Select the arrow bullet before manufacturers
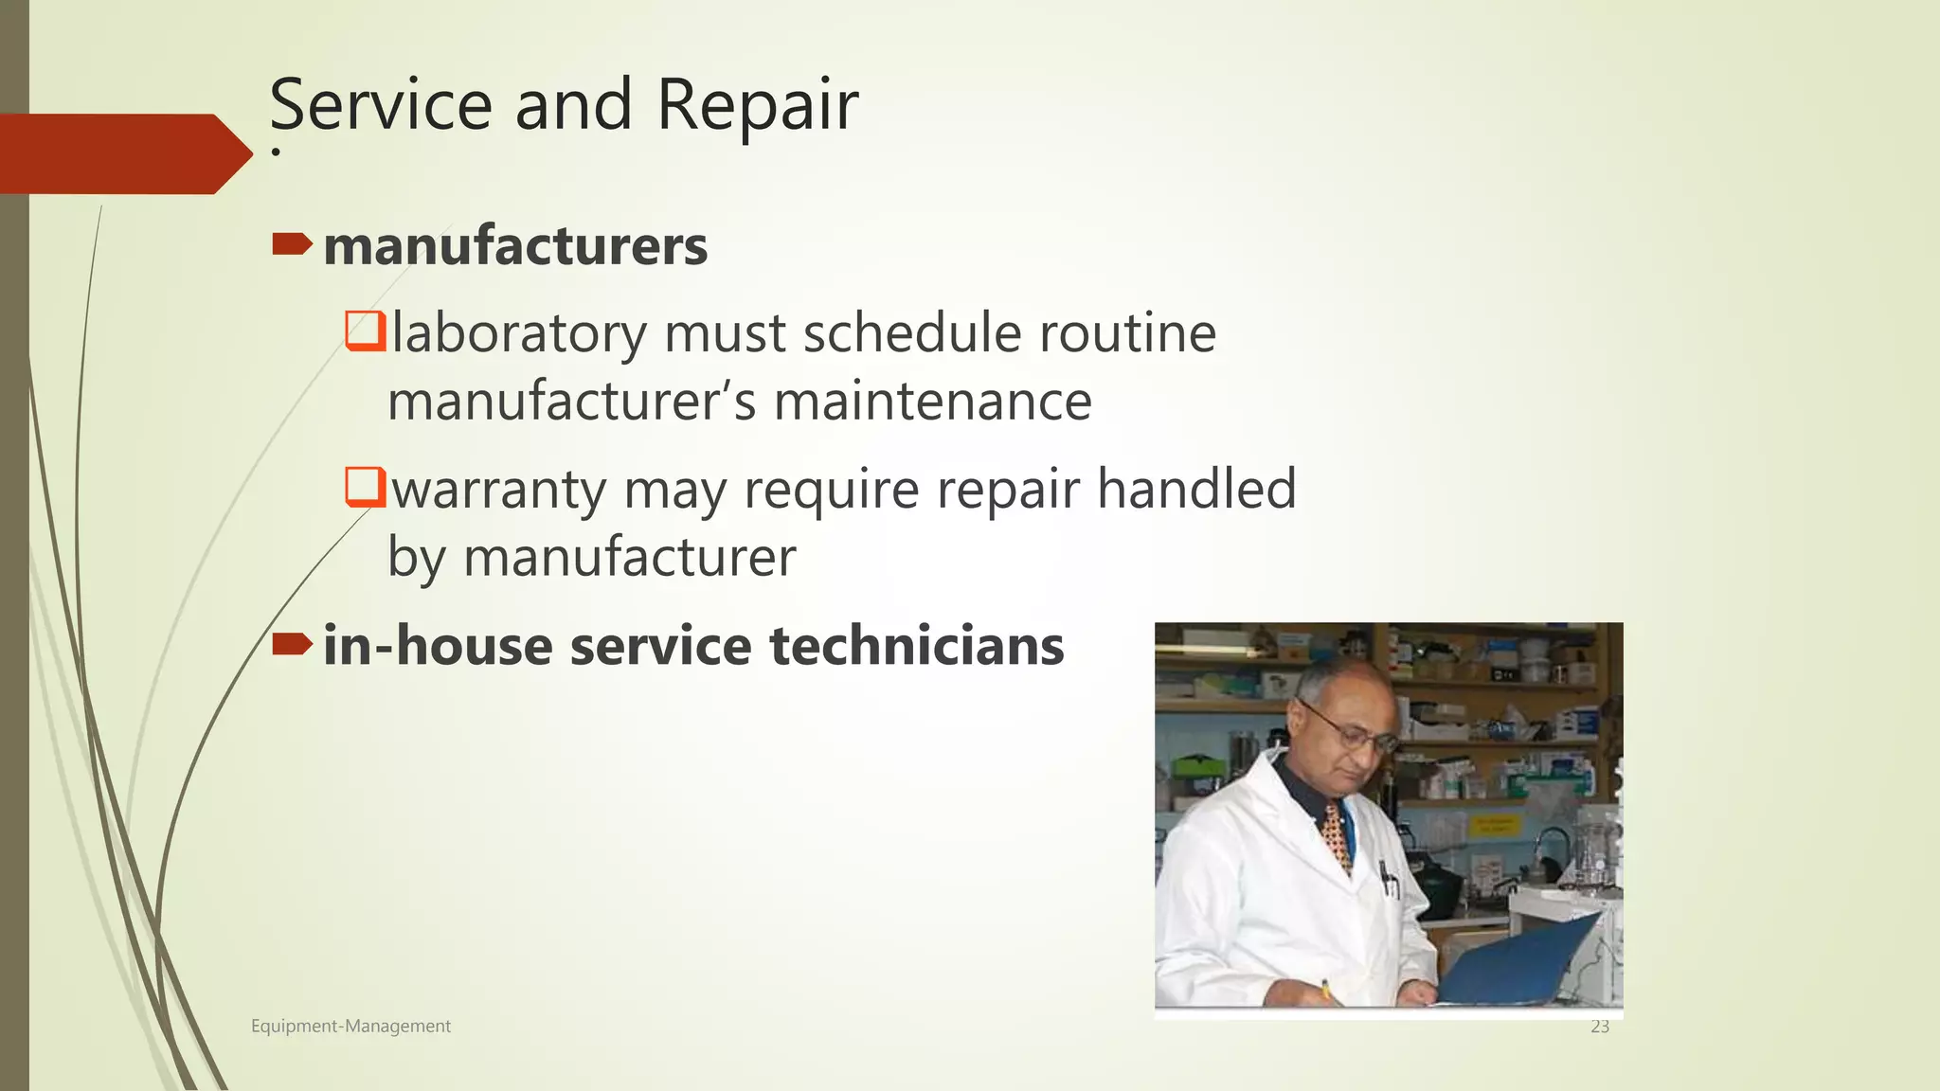coord(292,245)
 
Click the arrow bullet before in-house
coord(292,645)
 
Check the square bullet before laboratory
coord(365,331)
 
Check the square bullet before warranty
coord(365,487)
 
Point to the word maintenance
coord(932,402)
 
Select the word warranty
coord(499,490)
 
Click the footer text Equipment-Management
coord(350,1026)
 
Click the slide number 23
coord(1600,1027)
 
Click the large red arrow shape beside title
coord(123,153)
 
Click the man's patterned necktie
coord(1337,833)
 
